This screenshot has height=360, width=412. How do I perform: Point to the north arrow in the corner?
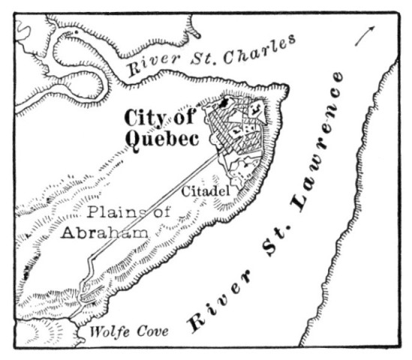pos(365,34)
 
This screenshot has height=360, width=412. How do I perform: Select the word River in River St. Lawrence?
pos(204,310)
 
